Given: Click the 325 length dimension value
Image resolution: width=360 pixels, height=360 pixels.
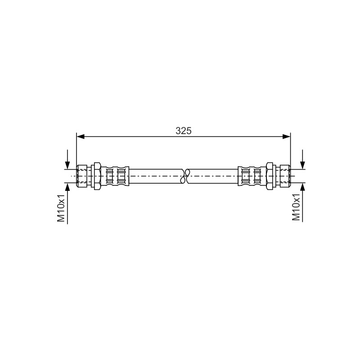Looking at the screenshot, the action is [x=184, y=130].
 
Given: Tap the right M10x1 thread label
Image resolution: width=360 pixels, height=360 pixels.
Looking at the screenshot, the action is [x=296, y=207].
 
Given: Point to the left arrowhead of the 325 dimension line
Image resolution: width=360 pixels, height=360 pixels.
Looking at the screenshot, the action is [x=81, y=137].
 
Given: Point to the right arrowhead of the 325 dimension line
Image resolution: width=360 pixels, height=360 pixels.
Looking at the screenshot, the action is [x=286, y=137].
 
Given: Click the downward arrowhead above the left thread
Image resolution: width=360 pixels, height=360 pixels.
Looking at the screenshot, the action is [x=67, y=165].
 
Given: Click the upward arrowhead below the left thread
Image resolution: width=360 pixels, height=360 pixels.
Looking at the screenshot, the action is [x=67, y=187].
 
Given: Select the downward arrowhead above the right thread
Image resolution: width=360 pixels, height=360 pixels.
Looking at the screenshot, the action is [x=302, y=165].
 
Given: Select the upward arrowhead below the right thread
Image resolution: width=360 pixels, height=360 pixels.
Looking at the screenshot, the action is [x=302, y=187].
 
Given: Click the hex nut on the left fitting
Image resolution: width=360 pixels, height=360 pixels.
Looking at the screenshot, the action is [x=97, y=176].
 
